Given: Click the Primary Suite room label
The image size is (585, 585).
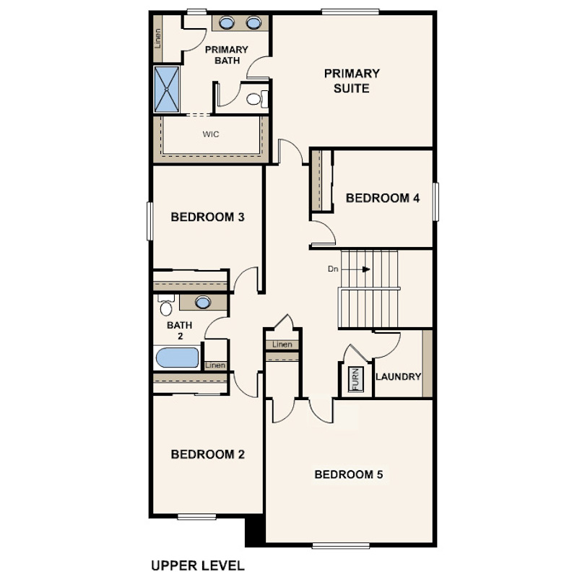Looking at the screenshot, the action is click(x=352, y=81).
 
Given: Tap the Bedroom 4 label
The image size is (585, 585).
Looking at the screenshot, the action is click(x=382, y=198).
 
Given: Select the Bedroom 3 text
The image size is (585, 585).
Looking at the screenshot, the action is click(x=207, y=217).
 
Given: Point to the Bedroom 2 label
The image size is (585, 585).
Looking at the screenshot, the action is click(x=207, y=454).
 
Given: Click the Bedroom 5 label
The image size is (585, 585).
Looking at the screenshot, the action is click(x=348, y=474).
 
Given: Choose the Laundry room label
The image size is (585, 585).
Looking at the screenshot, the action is click(x=398, y=377).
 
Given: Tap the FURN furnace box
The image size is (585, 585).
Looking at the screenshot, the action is click(x=355, y=379).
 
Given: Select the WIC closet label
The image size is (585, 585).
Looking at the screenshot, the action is click(x=211, y=134).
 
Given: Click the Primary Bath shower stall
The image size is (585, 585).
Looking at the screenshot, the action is click(x=167, y=89).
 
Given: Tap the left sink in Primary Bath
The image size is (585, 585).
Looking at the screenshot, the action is click(x=227, y=23).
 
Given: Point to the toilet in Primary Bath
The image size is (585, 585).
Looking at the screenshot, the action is click(x=257, y=99).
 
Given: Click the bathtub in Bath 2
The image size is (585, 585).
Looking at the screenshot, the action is click(x=177, y=357).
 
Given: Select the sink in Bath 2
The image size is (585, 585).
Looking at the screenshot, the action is click(x=203, y=302).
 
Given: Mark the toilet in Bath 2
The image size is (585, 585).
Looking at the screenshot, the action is click(x=166, y=305).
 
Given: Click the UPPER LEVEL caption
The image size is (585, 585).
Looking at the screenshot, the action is click(x=198, y=565).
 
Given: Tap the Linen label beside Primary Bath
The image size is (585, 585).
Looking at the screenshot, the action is click(x=158, y=38).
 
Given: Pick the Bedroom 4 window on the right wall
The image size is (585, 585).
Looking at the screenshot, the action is click(x=435, y=201).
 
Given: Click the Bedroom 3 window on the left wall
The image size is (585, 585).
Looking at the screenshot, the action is click(x=150, y=221).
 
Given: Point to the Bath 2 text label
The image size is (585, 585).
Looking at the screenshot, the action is click(x=179, y=331).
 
